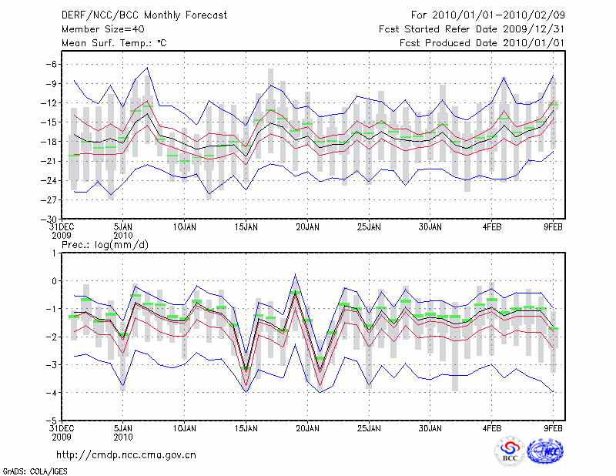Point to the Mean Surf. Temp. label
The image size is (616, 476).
coord(114,43)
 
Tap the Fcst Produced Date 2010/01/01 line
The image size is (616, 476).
coord(482,43)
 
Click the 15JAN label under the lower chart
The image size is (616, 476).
coord(246,428)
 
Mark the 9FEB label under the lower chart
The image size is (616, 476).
coord(554,428)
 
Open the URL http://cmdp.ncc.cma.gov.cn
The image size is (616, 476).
coord(126,454)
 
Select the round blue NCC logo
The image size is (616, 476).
coord(544,452)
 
